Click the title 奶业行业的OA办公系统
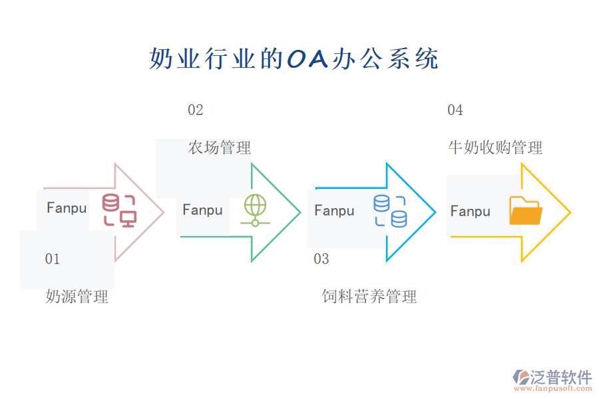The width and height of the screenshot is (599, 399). pos(294,59)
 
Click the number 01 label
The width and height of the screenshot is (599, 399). pos(53,259)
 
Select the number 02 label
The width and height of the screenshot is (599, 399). pos(195,110)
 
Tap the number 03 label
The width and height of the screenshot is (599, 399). pos(321,259)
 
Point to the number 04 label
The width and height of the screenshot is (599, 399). pos(455,110)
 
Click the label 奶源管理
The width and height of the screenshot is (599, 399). pos(77,297)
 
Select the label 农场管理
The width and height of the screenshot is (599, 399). pos(219,148)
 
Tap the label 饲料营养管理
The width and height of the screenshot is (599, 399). pos(369,297)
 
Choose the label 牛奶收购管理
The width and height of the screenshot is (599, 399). pos(495,148)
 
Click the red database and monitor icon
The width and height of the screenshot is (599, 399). pos(119,211)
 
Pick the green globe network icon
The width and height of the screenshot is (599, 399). pos(255,210)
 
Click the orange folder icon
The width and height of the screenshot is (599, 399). pos(525,211)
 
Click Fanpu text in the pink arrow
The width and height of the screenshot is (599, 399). pos(67,208)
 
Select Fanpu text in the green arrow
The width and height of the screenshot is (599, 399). pos(202,210)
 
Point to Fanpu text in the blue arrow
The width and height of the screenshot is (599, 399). pos(334,211)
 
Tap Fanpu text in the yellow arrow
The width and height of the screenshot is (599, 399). pos(470,211)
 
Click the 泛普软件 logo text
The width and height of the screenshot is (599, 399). pos(560,377)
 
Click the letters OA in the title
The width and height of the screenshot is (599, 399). pos(307,59)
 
